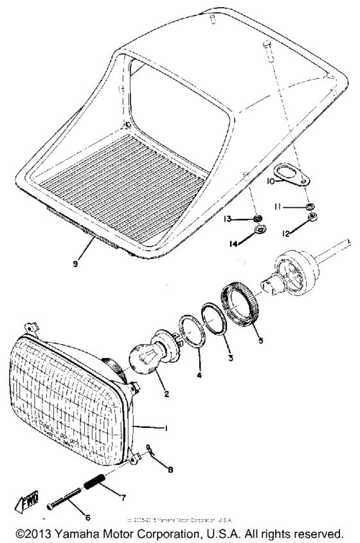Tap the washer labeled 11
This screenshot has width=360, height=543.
pyautogui.click(x=310, y=207)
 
